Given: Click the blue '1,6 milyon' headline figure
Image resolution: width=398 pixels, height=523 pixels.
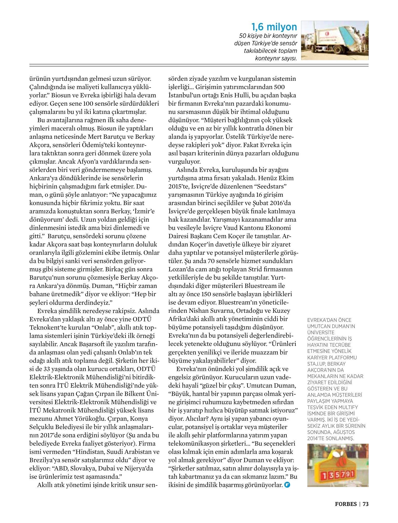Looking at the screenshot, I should (274, 27).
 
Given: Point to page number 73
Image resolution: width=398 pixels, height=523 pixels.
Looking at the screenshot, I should (365, 504).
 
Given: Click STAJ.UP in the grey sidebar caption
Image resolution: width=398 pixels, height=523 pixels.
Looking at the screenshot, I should (317, 364).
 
